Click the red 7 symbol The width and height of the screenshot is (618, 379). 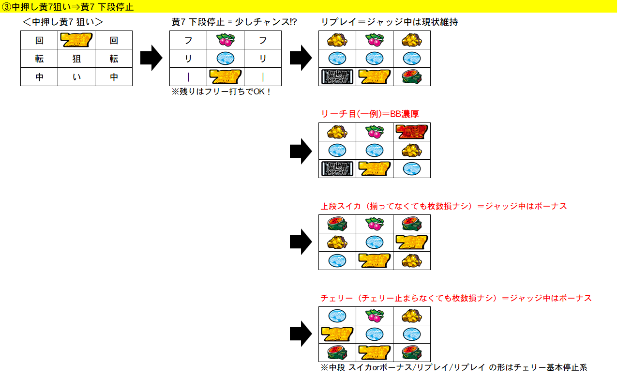[412, 132]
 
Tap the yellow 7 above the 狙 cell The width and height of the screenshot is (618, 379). [76, 40]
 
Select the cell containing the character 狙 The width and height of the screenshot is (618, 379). [76, 59]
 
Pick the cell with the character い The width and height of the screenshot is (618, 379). [76, 77]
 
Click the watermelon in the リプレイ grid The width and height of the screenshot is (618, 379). [412, 77]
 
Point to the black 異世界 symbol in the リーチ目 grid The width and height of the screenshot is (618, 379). [337, 168]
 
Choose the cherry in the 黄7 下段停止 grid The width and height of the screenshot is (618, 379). [226, 40]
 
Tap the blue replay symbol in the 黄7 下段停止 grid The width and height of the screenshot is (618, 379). [226, 59]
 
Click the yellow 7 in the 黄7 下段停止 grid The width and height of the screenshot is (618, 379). [226, 77]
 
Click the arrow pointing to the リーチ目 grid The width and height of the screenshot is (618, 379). [300, 151]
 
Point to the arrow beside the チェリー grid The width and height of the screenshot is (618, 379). [300, 334]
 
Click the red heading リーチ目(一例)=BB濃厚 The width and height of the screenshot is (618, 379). [370, 114]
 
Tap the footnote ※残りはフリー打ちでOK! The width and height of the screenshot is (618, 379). [222, 91]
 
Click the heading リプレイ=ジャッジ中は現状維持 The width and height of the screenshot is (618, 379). [389, 22]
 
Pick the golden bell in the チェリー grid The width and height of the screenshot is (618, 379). [412, 316]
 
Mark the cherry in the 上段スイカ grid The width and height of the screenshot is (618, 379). [375, 224]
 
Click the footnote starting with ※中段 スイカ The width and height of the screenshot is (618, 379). [453, 368]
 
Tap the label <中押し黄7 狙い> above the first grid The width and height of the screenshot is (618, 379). [63, 22]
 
